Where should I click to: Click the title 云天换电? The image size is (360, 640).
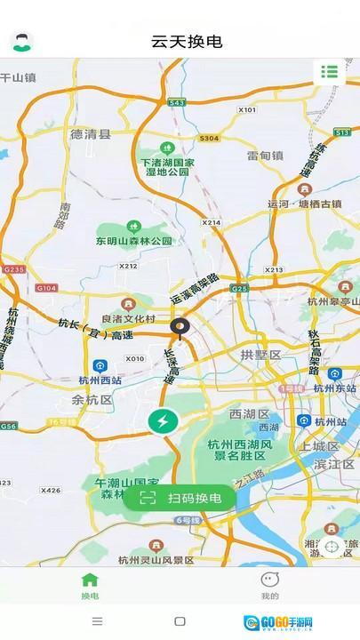pos(187,41)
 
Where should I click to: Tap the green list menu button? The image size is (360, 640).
pos(330,72)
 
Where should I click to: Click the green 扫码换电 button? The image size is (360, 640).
pos(180,498)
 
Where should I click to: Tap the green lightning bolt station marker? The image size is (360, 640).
pos(163,420)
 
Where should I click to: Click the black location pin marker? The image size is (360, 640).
pos(180,329)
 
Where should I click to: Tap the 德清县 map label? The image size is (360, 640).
pos(91,134)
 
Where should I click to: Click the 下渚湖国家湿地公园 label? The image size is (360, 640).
pos(167,166)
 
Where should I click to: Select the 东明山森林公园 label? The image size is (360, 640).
pos(134,240)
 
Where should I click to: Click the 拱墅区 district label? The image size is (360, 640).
pos(260,355)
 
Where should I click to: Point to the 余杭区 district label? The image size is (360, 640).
pos(92,400)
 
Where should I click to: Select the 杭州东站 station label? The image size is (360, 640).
pos(334,387)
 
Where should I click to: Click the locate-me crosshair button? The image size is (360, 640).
pos(332,547)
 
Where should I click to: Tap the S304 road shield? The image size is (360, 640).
pos(209,139)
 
